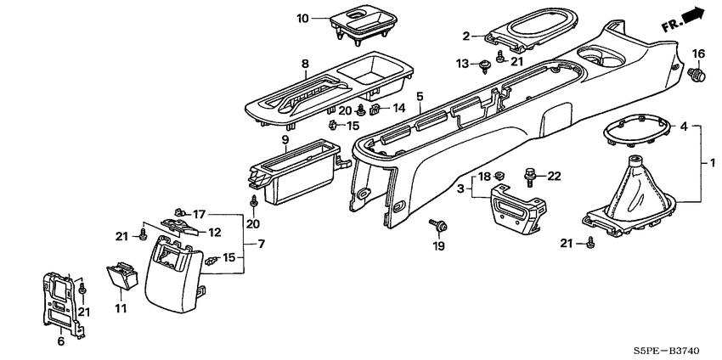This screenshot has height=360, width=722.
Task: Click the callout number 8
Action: pyautogui.click(x=305, y=64)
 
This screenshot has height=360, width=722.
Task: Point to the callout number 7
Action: pyautogui.click(x=261, y=245)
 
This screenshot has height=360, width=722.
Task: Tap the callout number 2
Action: pyautogui.click(x=465, y=36)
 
